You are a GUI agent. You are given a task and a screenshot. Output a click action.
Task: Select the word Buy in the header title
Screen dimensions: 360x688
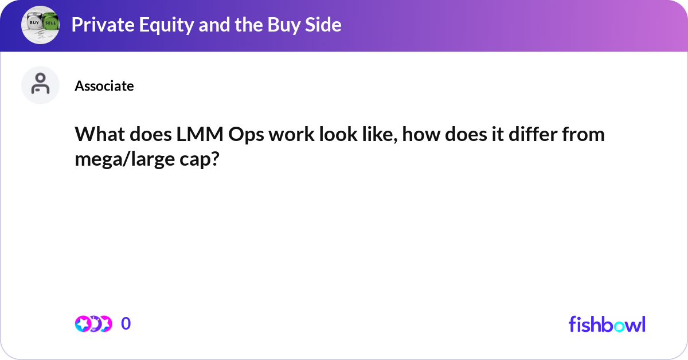(x=267, y=25)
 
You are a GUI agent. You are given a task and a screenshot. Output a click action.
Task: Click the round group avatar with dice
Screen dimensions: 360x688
(x=40, y=25)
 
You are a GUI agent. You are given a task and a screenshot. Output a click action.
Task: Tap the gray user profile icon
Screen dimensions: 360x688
(x=40, y=85)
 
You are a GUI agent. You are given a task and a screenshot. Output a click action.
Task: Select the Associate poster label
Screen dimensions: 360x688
(x=104, y=86)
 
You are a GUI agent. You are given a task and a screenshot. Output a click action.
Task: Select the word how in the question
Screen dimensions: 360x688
(x=417, y=135)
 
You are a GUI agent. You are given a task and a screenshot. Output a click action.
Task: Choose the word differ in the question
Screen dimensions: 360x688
(x=531, y=135)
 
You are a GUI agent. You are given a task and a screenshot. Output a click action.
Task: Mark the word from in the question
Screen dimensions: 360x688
(x=586, y=135)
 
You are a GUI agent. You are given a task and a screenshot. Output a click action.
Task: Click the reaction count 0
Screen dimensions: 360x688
(x=126, y=324)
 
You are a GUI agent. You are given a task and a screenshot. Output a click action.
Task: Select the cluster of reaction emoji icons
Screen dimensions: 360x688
(x=93, y=324)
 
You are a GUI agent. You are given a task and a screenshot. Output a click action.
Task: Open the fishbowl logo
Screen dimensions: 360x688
(x=607, y=324)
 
